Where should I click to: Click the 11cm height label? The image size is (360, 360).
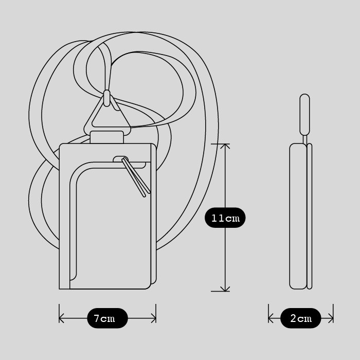click(225, 218)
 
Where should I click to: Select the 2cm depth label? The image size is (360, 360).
click(300, 318)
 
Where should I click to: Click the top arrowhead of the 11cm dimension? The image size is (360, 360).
click(225, 146)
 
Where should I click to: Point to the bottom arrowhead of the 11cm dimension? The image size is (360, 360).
click(225, 289)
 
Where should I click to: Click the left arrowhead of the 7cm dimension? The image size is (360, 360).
click(61, 318)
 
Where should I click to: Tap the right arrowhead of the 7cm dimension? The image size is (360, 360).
click(154, 318)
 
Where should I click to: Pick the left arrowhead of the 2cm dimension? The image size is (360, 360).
click(271, 318)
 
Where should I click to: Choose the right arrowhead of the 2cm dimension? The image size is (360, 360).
click(331, 318)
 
